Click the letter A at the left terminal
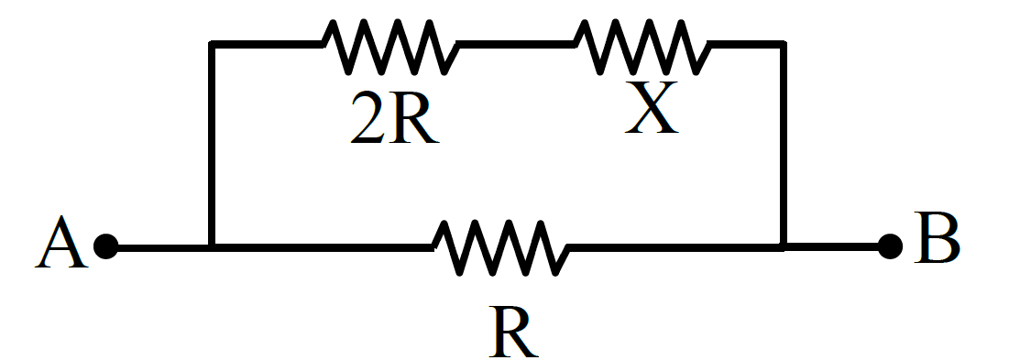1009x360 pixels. click(61, 242)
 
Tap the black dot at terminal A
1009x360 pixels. click(106, 246)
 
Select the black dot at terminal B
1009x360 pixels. click(890, 246)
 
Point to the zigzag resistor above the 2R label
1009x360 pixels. click(390, 47)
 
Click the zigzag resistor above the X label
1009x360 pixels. click(642, 47)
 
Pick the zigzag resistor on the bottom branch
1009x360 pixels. click(500, 248)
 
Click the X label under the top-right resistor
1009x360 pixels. click(652, 106)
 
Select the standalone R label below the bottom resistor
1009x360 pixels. click(513, 332)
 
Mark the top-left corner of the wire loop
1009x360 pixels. click(211, 44)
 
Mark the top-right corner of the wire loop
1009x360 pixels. click(784, 44)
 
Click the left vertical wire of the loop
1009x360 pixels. click(211, 145)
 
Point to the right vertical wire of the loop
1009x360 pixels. click(784, 145)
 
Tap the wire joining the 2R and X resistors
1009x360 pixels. click(516, 44)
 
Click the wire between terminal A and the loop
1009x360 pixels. click(163, 247)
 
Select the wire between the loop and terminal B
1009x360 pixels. click(832, 246)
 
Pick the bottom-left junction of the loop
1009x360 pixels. click(211, 246)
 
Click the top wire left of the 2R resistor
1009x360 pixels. click(267, 44)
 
